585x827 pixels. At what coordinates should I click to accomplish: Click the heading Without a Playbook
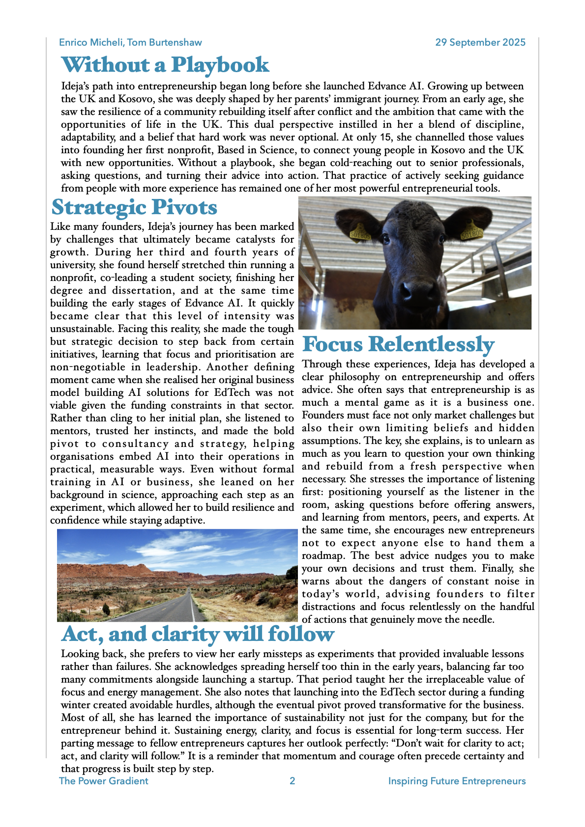(165, 65)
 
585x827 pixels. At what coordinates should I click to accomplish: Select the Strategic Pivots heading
(134, 207)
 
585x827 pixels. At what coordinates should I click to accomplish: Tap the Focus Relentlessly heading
(398, 344)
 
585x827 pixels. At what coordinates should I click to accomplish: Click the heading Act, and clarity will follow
(198, 634)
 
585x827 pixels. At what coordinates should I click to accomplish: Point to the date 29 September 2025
(480, 42)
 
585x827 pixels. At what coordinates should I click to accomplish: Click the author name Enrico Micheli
(90, 42)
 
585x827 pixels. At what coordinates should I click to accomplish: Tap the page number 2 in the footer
(292, 781)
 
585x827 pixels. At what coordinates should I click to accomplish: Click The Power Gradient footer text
(103, 781)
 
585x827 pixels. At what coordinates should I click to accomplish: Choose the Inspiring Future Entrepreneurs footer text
(457, 781)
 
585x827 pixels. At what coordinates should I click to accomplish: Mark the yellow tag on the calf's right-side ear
(471, 231)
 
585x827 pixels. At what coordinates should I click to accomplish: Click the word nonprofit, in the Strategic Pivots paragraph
(72, 277)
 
